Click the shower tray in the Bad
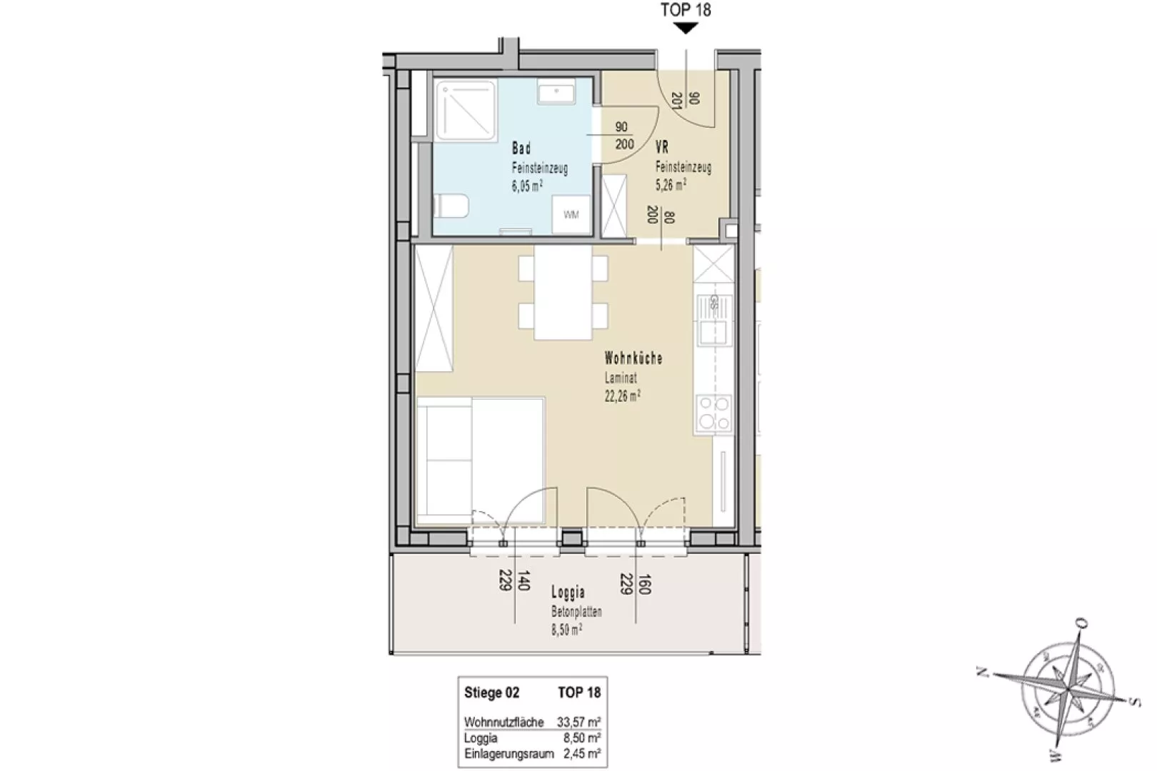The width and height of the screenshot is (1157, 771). [466, 111]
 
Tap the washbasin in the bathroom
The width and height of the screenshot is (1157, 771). [556, 91]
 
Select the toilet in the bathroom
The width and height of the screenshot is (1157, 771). [451, 206]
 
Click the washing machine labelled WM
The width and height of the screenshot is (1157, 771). [571, 214]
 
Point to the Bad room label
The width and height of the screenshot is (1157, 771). [521, 148]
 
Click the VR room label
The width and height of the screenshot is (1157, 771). [661, 148]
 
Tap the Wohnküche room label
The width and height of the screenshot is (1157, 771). [633, 358]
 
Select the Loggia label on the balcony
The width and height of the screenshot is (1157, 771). [569, 593]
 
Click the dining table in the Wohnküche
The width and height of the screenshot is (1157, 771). [563, 293]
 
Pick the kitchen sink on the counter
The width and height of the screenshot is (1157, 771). [714, 320]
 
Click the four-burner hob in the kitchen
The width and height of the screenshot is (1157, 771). [714, 413]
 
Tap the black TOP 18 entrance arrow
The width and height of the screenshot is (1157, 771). [686, 29]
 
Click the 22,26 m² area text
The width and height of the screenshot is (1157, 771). [622, 396]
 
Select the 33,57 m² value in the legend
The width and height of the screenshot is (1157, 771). [578, 722]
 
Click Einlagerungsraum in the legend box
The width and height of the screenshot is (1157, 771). [509, 753]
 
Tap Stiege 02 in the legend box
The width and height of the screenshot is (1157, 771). [491, 692]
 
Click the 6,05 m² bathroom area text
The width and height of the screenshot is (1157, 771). [527, 186]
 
